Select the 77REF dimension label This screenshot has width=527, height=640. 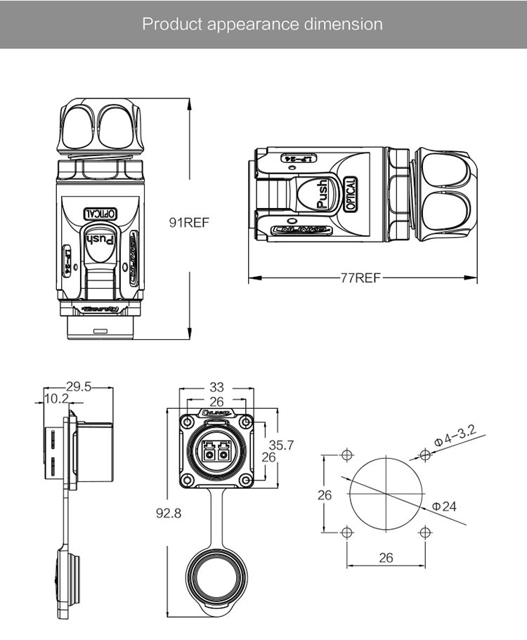pyautogui.click(x=360, y=277)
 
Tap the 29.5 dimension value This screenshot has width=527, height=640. pyautogui.click(x=79, y=386)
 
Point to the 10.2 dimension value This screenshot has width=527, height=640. pyautogui.click(x=56, y=399)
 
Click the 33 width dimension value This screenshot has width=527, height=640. pyautogui.click(x=216, y=386)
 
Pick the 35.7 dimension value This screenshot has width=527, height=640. pyautogui.click(x=282, y=444)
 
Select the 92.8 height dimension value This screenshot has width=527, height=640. pyautogui.click(x=169, y=513)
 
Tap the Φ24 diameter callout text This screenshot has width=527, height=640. pyautogui.click(x=444, y=506)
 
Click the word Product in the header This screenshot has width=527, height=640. pyautogui.click(x=171, y=24)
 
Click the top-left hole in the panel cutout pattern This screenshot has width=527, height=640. pyautogui.click(x=346, y=455)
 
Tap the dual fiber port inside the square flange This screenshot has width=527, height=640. pyautogui.click(x=216, y=450)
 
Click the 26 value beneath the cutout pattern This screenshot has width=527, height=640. pyautogui.click(x=386, y=559)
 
